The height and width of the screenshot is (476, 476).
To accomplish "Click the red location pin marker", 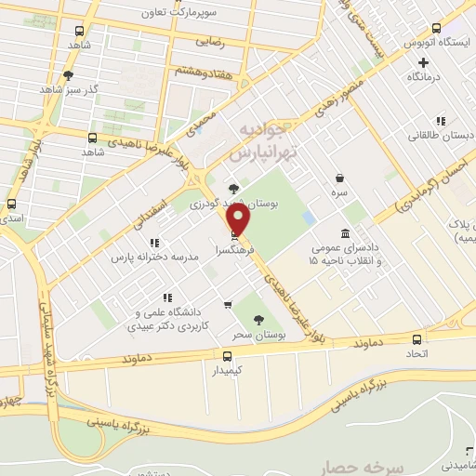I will (239, 220).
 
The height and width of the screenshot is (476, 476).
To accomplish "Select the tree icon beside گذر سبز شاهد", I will (67, 75).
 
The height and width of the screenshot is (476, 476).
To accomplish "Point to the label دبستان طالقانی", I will (440, 135).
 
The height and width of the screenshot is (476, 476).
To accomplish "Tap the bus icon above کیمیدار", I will (227, 356).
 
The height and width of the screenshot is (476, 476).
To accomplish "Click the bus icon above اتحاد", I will (416, 339).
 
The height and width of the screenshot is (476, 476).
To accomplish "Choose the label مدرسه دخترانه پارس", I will (153, 255).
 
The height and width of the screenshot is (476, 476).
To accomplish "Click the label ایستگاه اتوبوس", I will (437, 43).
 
